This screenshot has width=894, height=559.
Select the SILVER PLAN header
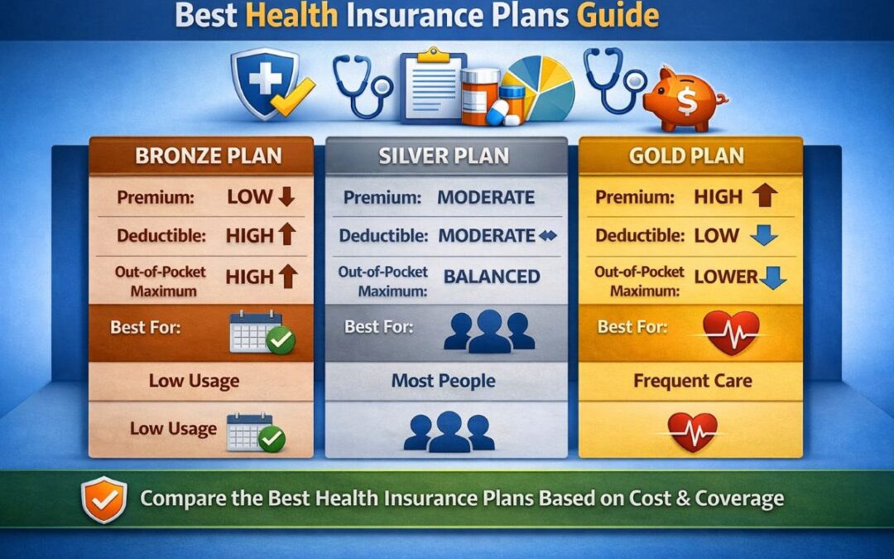tap(446, 156)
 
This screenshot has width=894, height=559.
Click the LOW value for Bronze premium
tap(249, 196)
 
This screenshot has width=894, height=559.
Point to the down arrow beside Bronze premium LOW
tap(287, 197)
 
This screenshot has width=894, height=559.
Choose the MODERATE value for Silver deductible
tap(486, 235)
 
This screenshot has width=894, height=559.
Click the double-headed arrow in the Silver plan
tap(549, 236)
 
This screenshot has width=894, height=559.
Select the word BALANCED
tap(492, 277)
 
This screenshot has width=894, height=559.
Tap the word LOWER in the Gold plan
tap(726, 276)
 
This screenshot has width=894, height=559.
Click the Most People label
tap(445, 381)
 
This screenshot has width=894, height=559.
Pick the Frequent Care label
tap(692, 381)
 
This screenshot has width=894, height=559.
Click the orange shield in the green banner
tap(104, 499)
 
